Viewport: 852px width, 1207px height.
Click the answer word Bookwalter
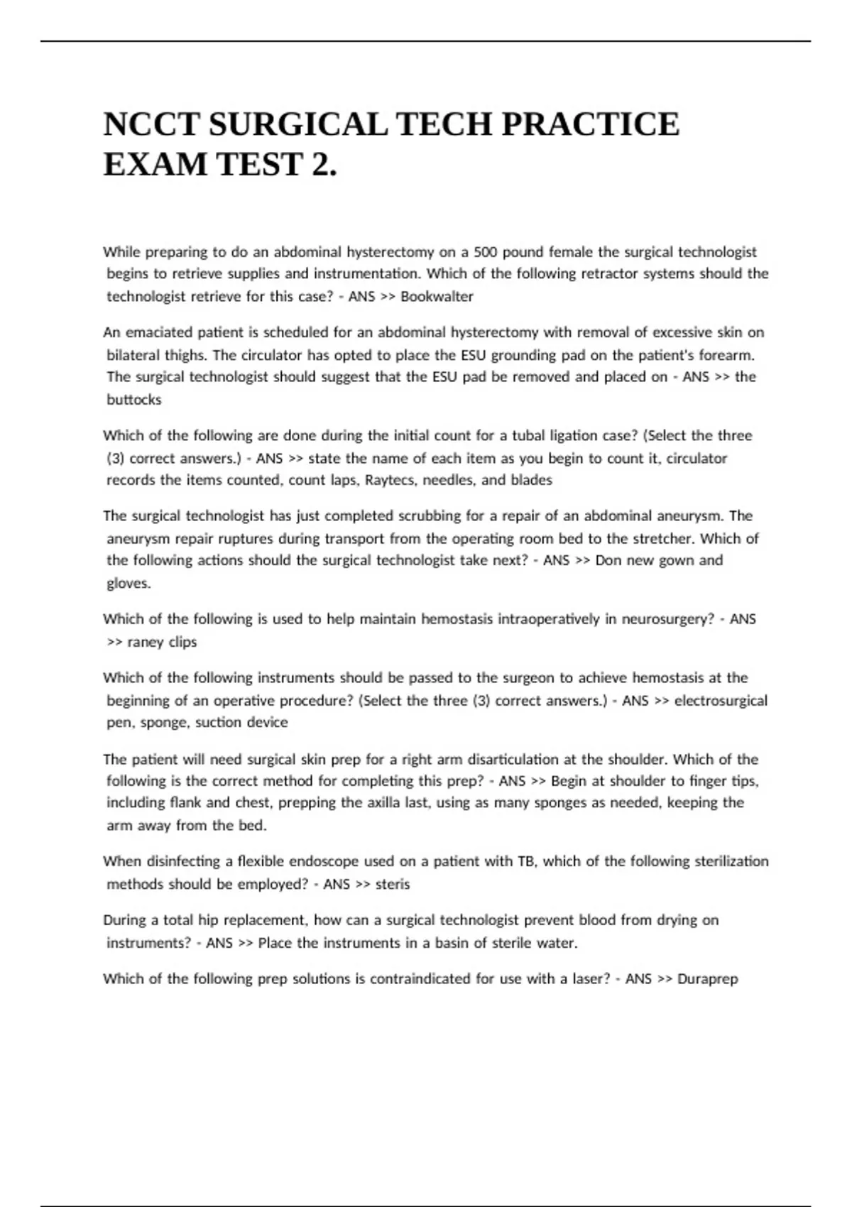[x=437, y=297]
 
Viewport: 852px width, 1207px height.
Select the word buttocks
[x=133, y=400]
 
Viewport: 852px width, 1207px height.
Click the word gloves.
[x=129, y=584]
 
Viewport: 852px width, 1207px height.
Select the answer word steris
[x=393, y=885]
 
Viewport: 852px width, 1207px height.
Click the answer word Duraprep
[x=708, y=979]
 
